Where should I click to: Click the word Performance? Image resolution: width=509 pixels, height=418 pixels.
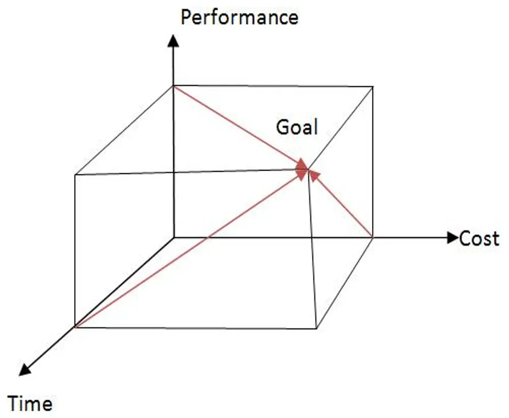[x=240, y=17]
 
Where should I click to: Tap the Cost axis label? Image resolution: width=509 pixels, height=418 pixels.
[x=479, y=239]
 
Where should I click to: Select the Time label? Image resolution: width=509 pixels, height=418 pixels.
[x=30, y=404]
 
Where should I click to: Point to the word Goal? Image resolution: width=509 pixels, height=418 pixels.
[x=297, y=127]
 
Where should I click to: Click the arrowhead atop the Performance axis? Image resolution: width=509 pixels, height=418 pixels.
[x=173, y=40]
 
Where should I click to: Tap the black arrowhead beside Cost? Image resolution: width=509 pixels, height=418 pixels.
[x=453, y=238]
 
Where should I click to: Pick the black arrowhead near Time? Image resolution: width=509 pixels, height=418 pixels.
[x=25, y=370]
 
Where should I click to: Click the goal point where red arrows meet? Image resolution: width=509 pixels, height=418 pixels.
[x=308, y=169]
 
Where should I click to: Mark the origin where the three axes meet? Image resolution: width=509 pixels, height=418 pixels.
[x=173, y=238]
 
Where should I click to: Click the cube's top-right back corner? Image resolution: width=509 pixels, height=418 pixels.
[x=373, y=87]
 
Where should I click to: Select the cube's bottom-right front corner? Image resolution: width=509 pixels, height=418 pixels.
[x=317, y=328]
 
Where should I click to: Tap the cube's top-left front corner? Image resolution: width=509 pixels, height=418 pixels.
[x=75, y=175]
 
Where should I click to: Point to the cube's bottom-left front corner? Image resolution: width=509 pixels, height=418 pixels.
[x=75, y=327]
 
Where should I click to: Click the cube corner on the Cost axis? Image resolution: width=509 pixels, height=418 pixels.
[x=373, y=238]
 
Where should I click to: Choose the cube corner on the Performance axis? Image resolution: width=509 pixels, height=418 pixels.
[x=173, y=86]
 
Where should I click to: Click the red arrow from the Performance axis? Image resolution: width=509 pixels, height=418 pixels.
[x=241, y=127]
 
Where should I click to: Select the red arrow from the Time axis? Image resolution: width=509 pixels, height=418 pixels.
[x=191, y=248]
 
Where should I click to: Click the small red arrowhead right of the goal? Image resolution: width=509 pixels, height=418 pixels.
[x=314, y=176]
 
